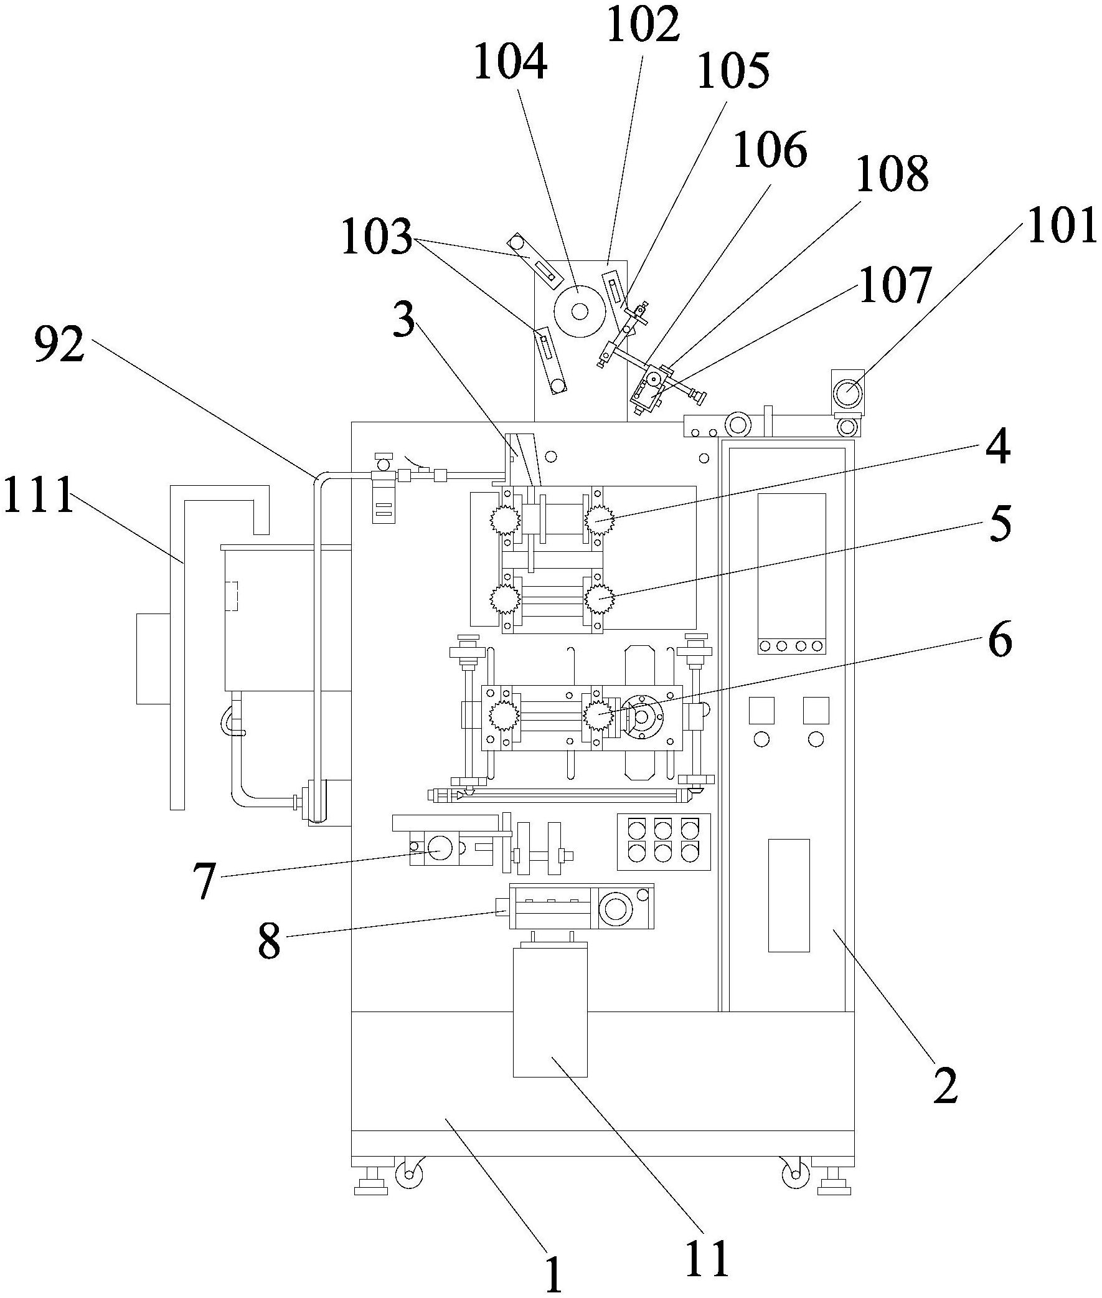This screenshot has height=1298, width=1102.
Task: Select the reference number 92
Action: (x=59, y=344)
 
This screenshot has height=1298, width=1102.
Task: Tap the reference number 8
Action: (x=269, y=941)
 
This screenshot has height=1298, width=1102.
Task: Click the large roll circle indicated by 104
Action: (x=579, y=311)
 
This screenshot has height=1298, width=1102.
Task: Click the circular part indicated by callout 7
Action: (x=441, y=848)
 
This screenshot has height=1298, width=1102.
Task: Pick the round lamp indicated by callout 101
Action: (x=848, y=394)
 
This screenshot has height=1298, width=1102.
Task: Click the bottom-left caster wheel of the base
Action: (x=409, y=1175)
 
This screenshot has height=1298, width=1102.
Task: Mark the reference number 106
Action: (x=770, y=151)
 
